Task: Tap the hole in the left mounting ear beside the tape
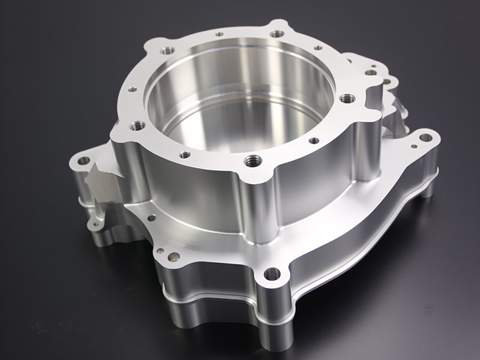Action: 83,161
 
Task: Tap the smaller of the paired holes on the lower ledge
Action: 161,249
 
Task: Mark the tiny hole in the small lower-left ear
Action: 94,226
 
